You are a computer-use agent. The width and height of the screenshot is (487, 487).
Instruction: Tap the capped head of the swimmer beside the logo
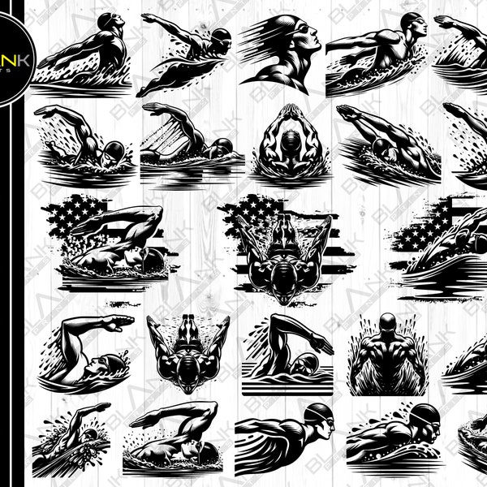pyautogui.click(x=109, y=22)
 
